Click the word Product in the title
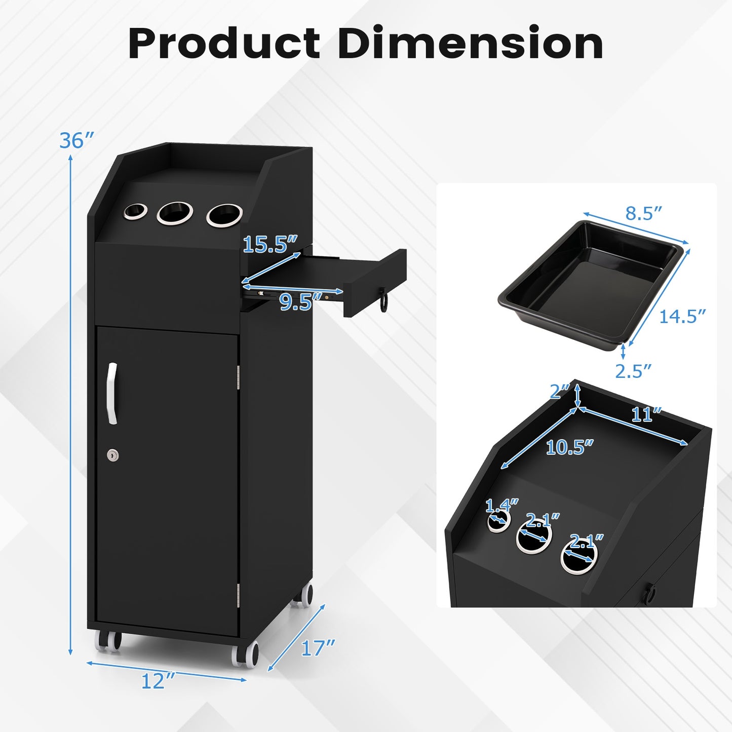coord(224,44)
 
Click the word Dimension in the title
coord(470,44)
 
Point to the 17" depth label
coord(318,648)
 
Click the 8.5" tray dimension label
coord(643,213)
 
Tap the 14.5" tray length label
coord(682,317)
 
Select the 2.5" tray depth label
coord(633,371)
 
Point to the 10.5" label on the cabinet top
coord(569,447)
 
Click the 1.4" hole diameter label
coord(502,506)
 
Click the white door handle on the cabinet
coord(112,393)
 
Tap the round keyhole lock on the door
coord(113,455)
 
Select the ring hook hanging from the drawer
coord(385,303)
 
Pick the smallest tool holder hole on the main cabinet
coord(135,211)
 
